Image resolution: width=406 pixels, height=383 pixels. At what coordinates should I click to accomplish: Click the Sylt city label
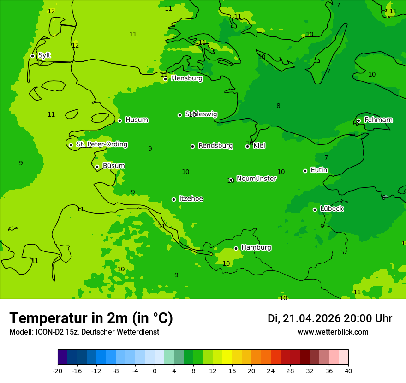pos(44,55)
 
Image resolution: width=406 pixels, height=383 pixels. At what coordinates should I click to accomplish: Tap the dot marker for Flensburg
pos(165,79)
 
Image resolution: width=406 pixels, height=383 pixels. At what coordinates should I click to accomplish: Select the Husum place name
pos(137,120)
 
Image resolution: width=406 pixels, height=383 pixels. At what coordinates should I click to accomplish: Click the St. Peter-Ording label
pos(102,144)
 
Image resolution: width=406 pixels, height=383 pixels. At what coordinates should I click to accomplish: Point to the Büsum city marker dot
pos(97,167)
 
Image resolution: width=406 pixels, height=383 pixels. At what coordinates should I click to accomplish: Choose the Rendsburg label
pos(215,146)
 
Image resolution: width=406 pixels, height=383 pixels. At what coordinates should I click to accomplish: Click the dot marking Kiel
pos(247,146)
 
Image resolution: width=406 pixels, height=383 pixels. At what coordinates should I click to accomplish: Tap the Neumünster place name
pos(257,179)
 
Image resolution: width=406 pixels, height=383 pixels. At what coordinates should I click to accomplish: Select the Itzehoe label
pos(191,199)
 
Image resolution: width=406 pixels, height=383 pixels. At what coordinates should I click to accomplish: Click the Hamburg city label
pos(256,248)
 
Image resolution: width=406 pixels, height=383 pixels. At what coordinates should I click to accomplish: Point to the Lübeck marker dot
pos(315,209)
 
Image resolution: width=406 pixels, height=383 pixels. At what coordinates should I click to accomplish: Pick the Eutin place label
pos(319,170)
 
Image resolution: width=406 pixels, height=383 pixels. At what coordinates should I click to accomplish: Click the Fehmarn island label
pos(378,120)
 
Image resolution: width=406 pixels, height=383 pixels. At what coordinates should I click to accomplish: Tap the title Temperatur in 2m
pos(91,318)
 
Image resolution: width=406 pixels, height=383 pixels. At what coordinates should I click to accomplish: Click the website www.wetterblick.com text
pos(333,332)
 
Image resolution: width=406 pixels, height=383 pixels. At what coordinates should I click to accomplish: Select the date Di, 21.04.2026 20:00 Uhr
pos(329,318)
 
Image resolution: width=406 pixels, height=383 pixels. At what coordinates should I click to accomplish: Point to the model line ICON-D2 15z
pos(84,332)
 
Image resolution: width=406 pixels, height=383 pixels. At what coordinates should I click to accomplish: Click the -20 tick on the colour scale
pos(58,371)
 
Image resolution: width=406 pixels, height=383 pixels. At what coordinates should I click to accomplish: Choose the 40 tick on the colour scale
pos(348,371)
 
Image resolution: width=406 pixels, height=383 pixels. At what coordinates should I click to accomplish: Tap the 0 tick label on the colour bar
pos(155,371)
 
